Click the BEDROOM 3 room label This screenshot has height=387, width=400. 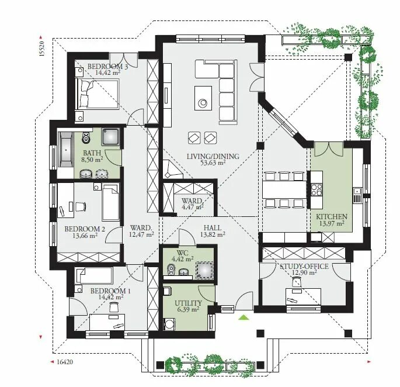pyautogui.click(x=107, y=67)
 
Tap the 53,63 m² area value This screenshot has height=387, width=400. pyautogui.click(x=213, y=163)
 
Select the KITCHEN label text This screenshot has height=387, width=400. pyautogui.click(x=332, y=217)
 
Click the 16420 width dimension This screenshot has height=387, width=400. pyautogui.click(x=65, y=362)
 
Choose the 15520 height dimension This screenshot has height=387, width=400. pyautogui.click(x=41, y=49)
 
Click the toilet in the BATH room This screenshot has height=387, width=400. pyautogui.click(x=86, y=137)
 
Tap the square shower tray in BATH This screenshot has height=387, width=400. pyautogui.click(x=110, y=137)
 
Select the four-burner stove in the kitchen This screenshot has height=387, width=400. pyautogui.click(x=316, y=190)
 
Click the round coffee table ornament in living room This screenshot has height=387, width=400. pyautogui.click(x=203, y=102)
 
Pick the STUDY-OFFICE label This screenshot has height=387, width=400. pyautogui.click(x=304, y=267)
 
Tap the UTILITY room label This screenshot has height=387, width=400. pyautogui.click(x=188, y=303)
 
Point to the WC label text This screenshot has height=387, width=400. pyautogui.click(x=182, y=253)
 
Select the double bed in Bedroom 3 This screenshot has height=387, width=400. pyautogui.click(x=98, y=94)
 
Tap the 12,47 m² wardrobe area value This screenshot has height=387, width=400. pyautogui.click(x=141, y=234)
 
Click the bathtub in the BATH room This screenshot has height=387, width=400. pyautogui.click(x=66, y=150)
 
